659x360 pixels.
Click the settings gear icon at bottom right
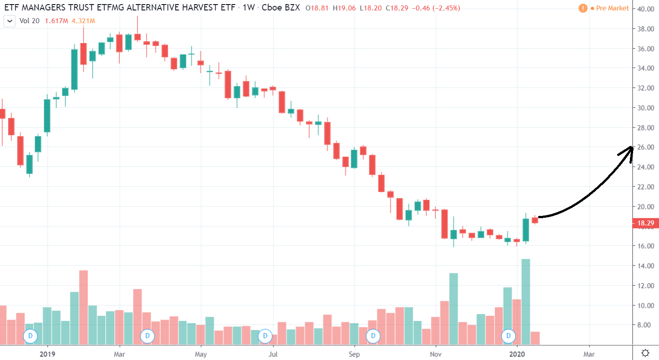click(645, 353)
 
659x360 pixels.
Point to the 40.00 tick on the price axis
click(645, 9)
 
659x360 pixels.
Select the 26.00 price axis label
click(645, 147)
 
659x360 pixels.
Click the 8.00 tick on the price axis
click(645, 325)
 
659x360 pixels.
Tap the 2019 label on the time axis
click(47, 353)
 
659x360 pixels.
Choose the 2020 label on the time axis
click(517, 353)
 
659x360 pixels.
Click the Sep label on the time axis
click(354, 353)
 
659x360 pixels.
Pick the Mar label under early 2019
click(119, 353)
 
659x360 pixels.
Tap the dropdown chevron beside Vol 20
click(9, 21)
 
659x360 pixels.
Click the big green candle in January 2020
click(526, 230)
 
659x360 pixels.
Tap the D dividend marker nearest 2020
click(508, 336)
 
